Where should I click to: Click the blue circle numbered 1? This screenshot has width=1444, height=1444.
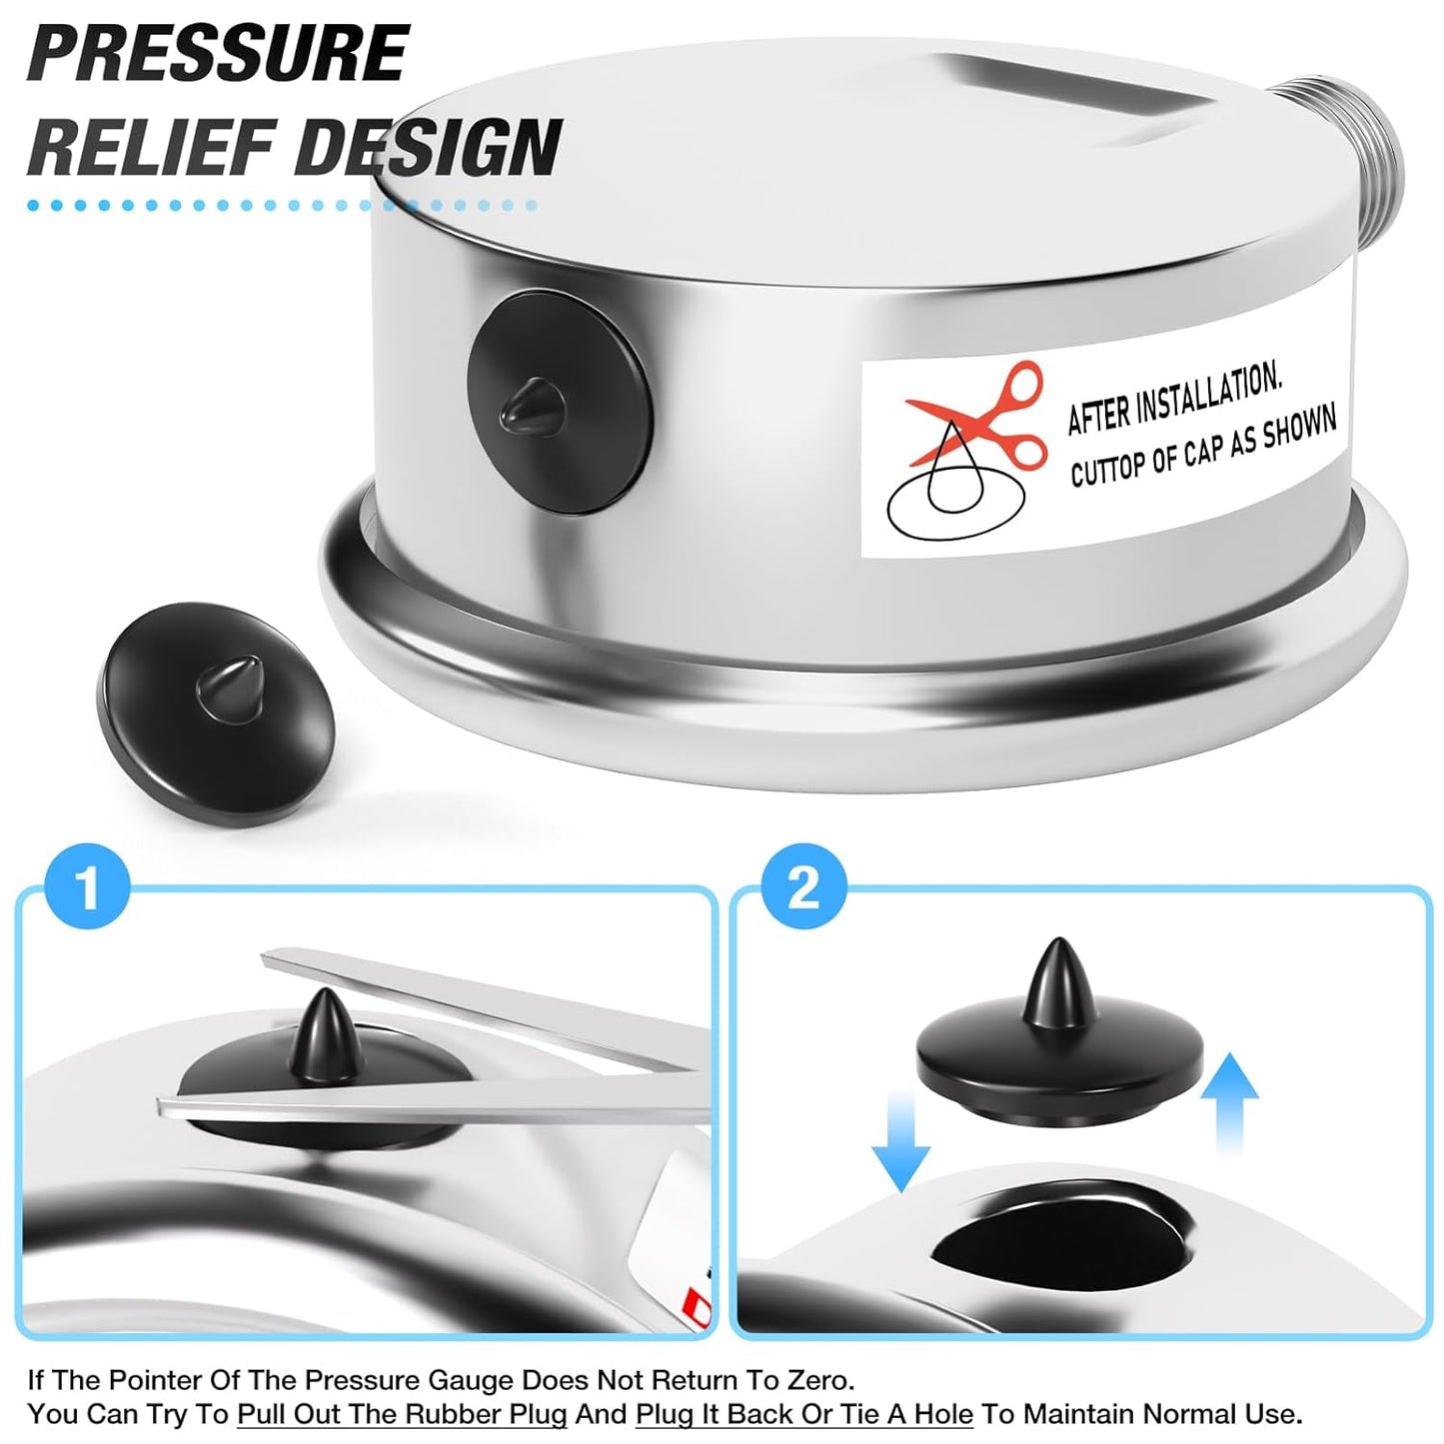pyautogui.click(x=88, y=885)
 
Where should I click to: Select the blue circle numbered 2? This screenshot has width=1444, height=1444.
pyautogui.click(x=803, y=885)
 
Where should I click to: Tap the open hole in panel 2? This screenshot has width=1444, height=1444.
pyautogui.click(x=1061, y=1244)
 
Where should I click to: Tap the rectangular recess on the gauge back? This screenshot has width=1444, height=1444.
pyautogui.click(x=1069, y=100)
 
